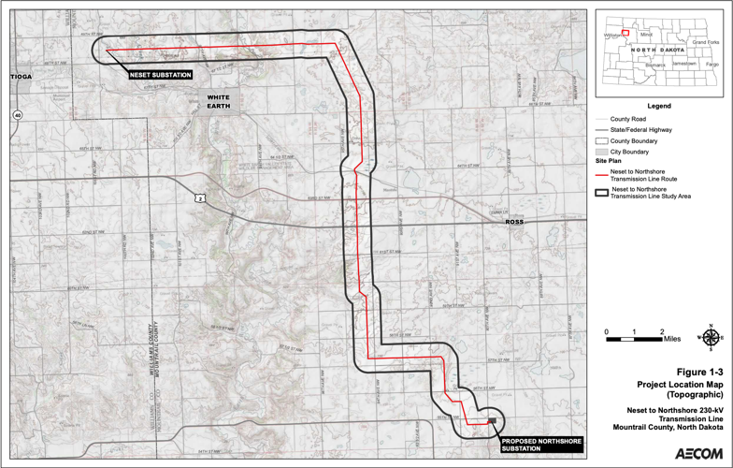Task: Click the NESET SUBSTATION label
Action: [161, 75]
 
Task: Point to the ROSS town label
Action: [514, 222]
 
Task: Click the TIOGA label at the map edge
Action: [21, 75]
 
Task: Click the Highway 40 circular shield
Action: [17, 115]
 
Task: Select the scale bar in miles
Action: [635, 337]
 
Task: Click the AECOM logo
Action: [698, 453]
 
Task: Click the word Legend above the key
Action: [658, 107]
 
